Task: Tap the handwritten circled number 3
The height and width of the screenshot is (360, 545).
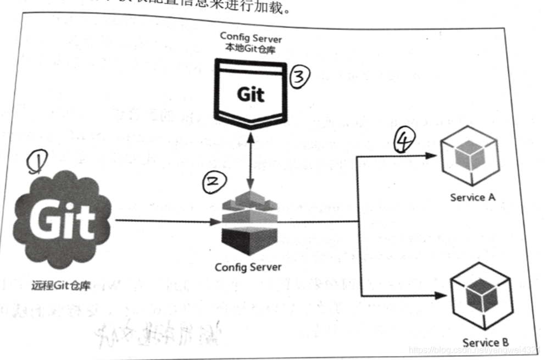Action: click(299, 77)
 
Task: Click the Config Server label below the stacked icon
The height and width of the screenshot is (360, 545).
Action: click(248, 267)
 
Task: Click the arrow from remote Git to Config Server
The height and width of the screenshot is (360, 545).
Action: click(165, 221)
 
